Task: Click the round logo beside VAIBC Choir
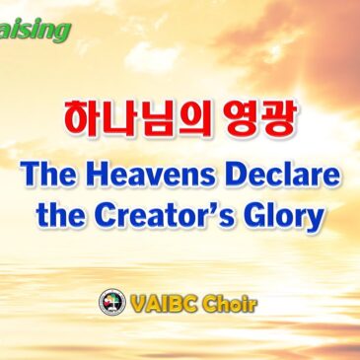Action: click(x=112, y=303)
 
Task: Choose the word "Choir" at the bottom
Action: click(x=229, y=304)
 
